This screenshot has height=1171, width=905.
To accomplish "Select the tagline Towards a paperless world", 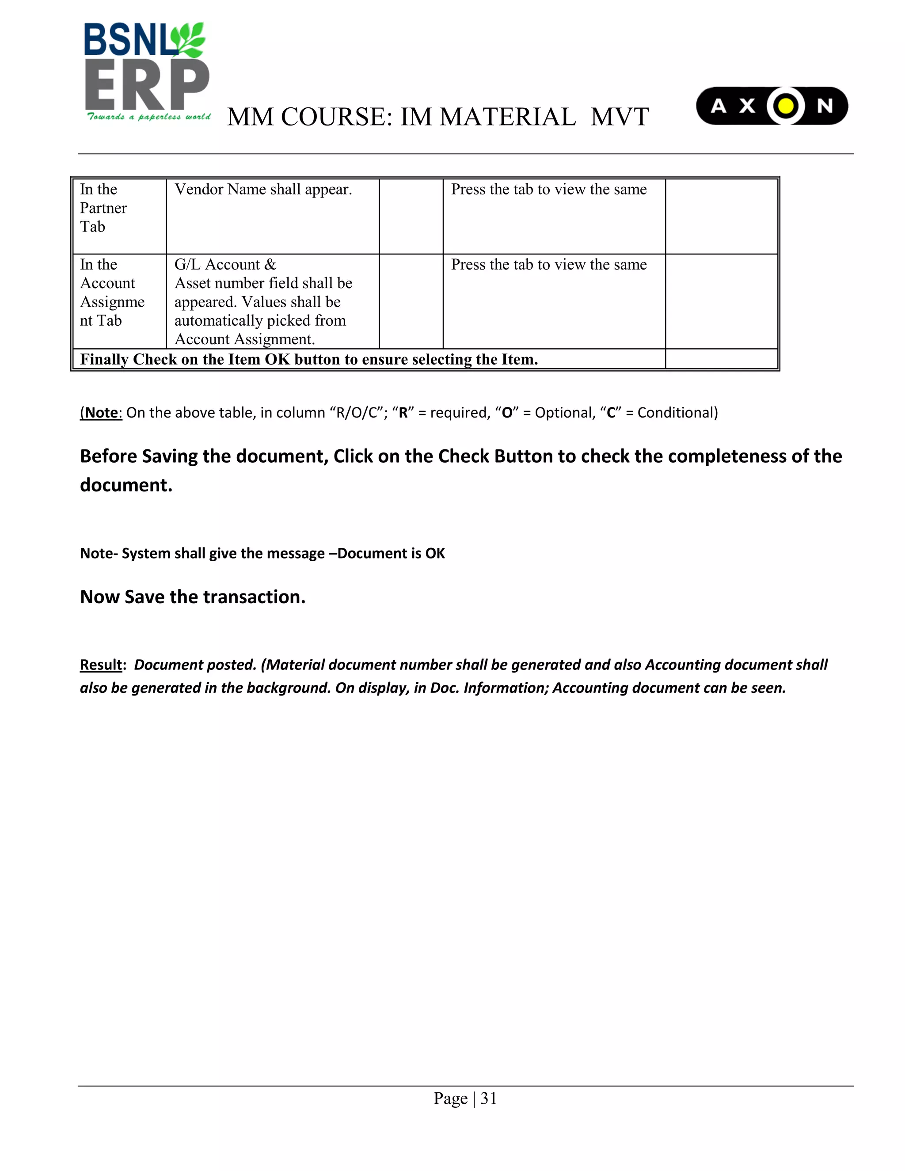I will (148, 117).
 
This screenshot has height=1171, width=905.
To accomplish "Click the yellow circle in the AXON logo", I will (785, 106).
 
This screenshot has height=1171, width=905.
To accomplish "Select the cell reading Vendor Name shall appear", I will (263, 189).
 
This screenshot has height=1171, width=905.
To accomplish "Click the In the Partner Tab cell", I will (103, 208).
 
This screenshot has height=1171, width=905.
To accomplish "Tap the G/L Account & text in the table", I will (225, 264).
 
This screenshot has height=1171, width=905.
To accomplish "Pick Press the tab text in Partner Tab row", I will (548, 189).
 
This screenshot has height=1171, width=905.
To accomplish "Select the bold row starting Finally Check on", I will (309, 359).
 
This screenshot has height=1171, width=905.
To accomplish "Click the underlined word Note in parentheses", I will (103, 412).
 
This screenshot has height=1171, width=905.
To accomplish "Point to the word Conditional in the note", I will (677, 412).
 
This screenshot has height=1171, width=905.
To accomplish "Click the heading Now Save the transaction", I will (193, 597).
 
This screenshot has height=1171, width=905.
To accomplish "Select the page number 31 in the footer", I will (488, 1099).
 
